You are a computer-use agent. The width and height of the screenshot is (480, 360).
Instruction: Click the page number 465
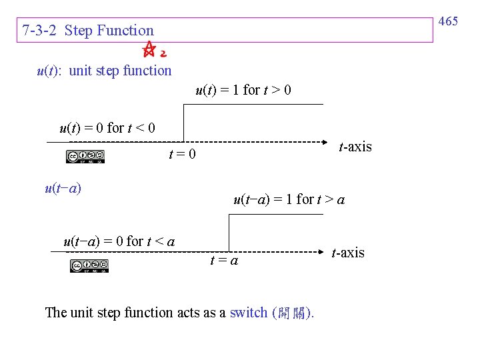tap(449, 21)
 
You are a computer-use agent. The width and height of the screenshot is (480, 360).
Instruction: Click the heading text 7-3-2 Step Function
tap(87, 31)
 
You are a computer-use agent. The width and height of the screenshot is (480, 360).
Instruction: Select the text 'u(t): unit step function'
tap(104, 71)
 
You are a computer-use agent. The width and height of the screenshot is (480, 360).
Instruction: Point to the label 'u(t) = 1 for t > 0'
tap(243, 90)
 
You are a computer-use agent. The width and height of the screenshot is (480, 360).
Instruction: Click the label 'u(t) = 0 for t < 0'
tap(107, 127)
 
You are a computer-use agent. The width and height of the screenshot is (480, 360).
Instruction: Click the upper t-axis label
tap(355, 147)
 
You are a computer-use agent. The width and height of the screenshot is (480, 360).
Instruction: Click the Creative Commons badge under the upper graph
tap(85, 157)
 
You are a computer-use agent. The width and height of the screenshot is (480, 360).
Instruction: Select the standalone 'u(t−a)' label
tap(63, 188)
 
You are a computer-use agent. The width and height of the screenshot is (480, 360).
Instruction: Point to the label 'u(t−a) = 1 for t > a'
tap(289, 199)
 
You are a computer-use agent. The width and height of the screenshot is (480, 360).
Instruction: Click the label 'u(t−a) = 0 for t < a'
tap(119, 241)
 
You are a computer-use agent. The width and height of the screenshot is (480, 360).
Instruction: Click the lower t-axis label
tap(348, 253)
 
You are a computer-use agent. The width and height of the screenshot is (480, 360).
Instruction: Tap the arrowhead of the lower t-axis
tap(321, 252)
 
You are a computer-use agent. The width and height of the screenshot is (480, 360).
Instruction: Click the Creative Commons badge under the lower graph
tap(89, 266)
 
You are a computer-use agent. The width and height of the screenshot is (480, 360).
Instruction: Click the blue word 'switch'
tap(248, 313)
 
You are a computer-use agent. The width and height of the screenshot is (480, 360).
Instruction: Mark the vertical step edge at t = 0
tap(183, 123)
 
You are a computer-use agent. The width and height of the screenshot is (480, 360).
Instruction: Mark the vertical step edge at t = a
tap(229, 233)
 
